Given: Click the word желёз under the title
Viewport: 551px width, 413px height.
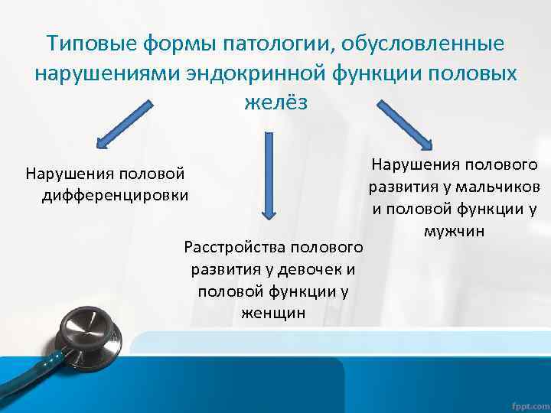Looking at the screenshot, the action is [275, 102].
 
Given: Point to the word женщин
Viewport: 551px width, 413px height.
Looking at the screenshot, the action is [273, 312].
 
